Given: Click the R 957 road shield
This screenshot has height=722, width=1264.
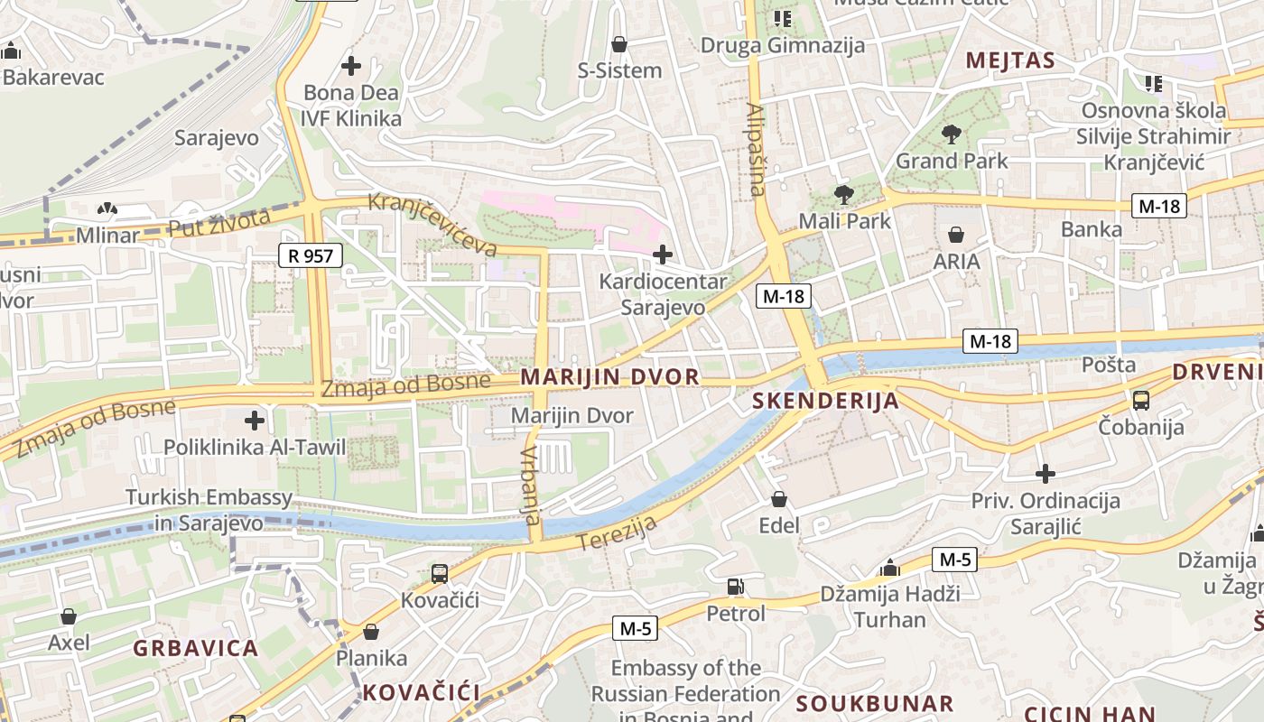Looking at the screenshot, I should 311,255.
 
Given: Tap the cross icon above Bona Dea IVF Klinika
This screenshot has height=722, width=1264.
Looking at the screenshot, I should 351,66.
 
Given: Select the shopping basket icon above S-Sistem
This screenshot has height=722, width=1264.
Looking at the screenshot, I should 619,43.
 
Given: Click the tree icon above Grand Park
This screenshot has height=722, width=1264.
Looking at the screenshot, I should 951,135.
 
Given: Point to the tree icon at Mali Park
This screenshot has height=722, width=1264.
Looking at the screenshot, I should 844,194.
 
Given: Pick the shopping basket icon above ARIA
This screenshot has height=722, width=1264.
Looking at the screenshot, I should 956,236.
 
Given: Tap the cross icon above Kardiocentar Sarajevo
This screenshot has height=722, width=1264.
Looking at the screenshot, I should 663,255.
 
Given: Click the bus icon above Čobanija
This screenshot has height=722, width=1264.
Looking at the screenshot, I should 1141,400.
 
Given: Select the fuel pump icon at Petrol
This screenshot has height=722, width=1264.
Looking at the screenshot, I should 736,588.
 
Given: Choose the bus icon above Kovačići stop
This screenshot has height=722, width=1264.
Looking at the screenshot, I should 440,573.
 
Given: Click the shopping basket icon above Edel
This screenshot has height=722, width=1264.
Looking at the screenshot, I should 779,499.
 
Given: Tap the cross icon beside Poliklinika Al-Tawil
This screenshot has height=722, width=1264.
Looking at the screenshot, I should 256,420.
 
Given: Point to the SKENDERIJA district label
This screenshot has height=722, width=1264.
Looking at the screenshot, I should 825,402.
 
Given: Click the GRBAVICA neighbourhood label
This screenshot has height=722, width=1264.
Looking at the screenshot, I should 196,648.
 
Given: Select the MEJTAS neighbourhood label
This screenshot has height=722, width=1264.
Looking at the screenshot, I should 1010,60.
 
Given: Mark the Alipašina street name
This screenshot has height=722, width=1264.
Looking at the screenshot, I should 757,150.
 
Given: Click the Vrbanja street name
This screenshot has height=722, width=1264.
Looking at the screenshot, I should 531,485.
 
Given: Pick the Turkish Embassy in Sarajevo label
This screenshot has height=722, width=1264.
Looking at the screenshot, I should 209,510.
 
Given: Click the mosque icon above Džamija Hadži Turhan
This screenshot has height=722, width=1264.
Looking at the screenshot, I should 890,568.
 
